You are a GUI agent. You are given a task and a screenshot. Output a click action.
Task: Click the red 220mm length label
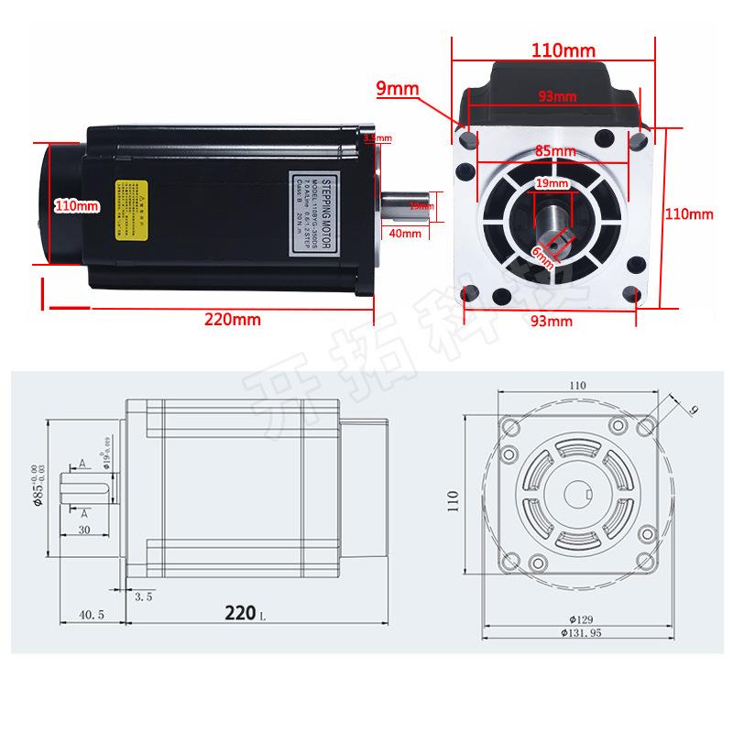[x=233, y=320]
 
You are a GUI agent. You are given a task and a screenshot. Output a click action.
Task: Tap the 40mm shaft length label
[x=404, y=233]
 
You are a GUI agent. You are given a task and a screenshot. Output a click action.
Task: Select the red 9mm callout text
[x=397, y=88]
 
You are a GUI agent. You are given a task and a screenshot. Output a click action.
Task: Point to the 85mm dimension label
[x=555, y=151]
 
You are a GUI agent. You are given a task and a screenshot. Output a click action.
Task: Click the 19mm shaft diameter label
[x=551, y=183]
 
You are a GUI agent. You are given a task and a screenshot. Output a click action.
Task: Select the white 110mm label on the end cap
[x=76, y=205]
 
